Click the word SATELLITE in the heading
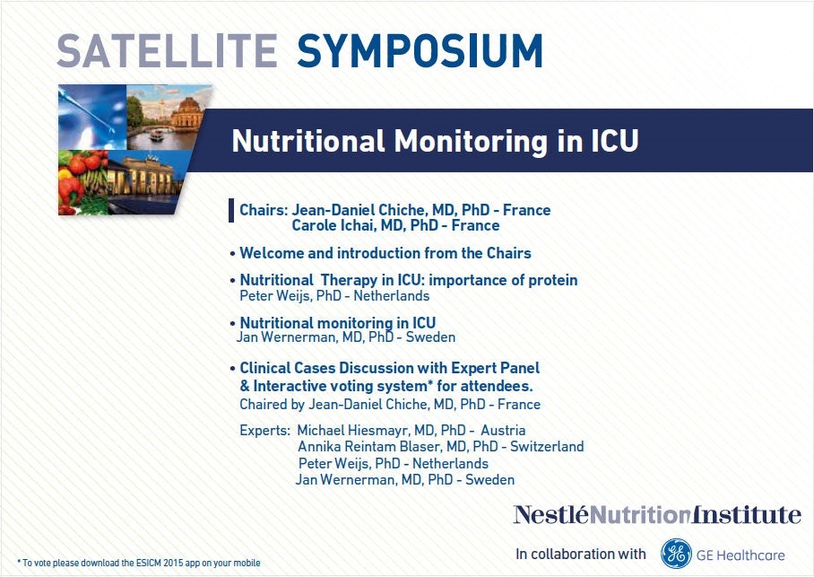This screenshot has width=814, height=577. click(167, 51)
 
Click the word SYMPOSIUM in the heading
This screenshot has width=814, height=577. click(420, 51)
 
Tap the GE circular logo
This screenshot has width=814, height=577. click(676, 554)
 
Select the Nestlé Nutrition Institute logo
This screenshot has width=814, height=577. click(657, 514)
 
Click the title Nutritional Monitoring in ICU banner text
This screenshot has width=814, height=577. click(435, 141)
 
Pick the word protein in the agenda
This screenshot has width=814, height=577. click(552, 281)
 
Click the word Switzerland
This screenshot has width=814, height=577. click(547, 447)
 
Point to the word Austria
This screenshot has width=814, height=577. click(503, 431)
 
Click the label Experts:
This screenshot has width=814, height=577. click(264, 431)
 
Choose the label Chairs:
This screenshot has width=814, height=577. click(264, 210)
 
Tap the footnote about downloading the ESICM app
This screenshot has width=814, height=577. click(139, 563)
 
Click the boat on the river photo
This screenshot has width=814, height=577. click(156, 136)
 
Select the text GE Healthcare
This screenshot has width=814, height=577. click(740, 555)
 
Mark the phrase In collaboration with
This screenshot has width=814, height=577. click(580, 555)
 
